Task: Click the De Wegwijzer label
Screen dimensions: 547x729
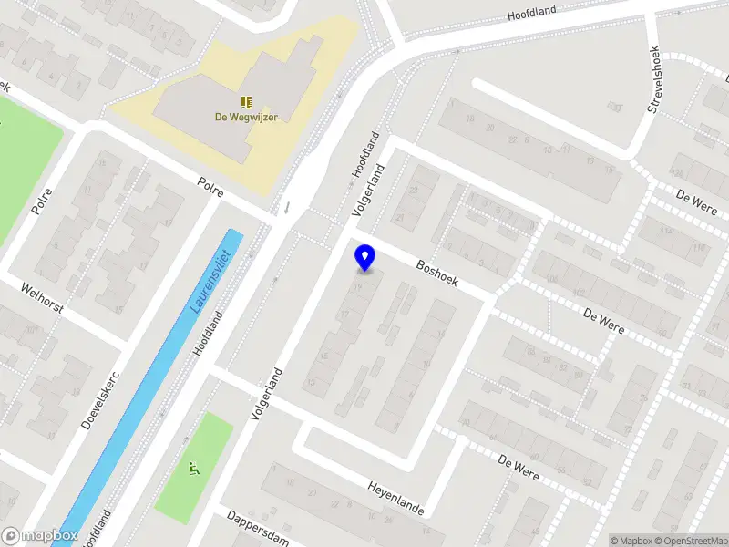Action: pos(246,117)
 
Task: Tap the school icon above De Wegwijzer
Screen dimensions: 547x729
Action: pos(246,101)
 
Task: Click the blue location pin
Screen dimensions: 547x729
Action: pos(365,258)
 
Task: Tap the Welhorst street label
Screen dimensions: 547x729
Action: pos(43,296)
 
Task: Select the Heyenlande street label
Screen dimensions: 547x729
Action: pos(396,499)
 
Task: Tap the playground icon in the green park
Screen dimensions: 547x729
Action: pos(193,470)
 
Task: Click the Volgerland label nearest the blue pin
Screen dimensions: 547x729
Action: pos(370,190)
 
